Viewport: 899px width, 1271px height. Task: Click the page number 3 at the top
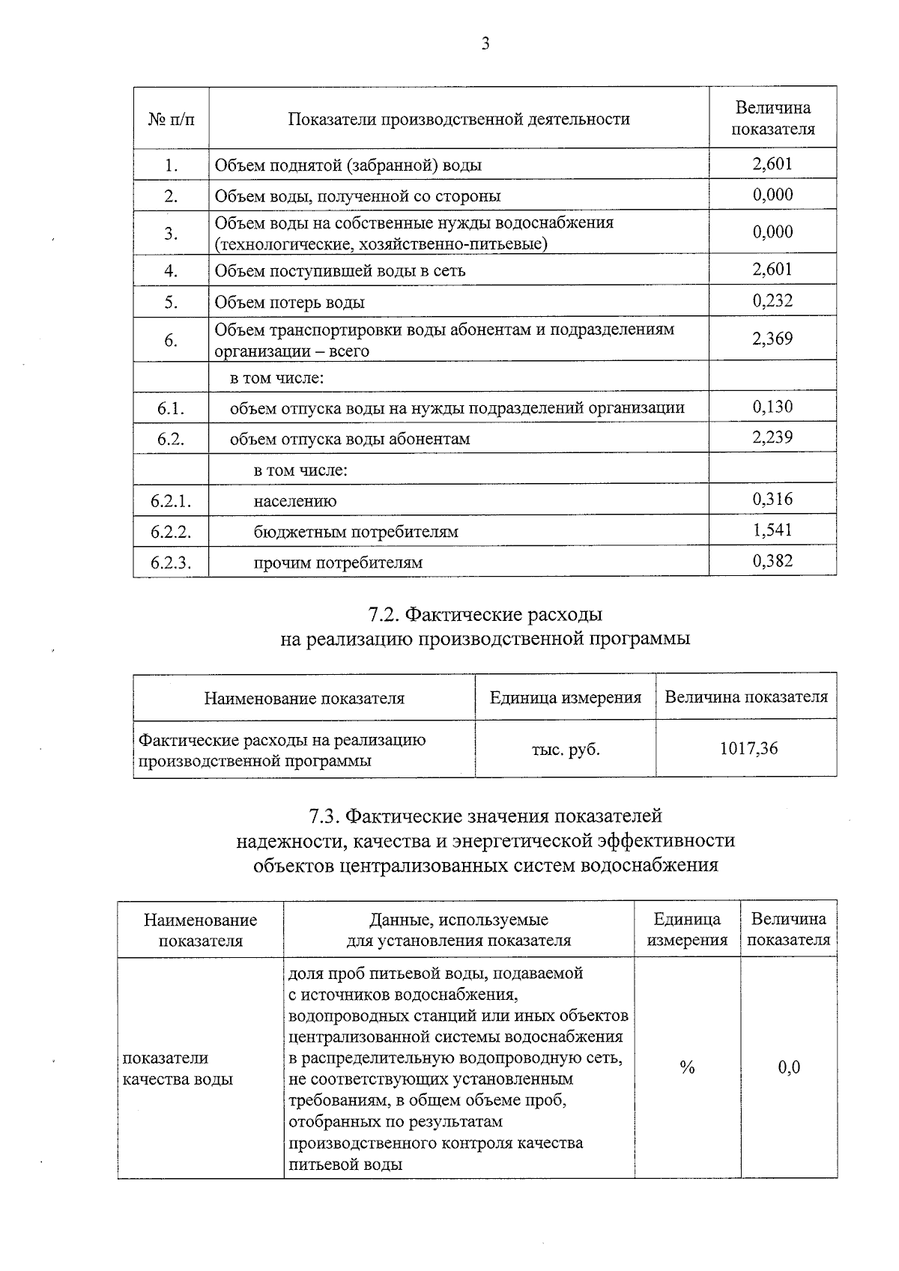[485, 44]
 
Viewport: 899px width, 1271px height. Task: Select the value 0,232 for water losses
[772, 301]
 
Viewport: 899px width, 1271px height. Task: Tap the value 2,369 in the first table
[772, 339]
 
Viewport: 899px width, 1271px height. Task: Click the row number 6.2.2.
[171, 532]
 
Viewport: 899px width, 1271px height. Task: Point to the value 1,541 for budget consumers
[772, 530]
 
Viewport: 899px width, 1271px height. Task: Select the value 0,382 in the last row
[772, 561]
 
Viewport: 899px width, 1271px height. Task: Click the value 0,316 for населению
[772, 500]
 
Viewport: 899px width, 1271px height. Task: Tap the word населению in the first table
[295, 502]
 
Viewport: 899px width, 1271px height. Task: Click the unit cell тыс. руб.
[566, 749]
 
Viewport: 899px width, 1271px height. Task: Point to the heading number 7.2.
[384, 615]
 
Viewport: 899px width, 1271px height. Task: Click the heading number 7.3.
[325, 815]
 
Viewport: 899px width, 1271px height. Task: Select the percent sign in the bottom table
[687, 1068]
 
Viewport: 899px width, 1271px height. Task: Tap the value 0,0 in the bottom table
[789, 1068]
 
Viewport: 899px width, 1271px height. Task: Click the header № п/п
[171, 119]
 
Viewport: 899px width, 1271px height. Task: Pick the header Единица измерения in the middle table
[566, 698]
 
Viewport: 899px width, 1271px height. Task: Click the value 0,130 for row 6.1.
[772, 407]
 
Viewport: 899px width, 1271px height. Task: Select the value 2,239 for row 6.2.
[772, 437]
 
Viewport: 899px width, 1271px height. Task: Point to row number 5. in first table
[171, 303]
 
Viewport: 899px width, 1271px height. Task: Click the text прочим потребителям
[338, 562]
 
